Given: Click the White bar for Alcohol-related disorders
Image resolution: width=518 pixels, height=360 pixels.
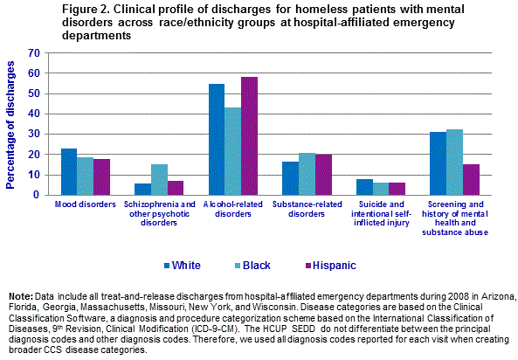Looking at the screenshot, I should [217, 140].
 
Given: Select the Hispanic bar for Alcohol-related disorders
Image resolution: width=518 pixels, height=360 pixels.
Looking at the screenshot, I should [250, 136].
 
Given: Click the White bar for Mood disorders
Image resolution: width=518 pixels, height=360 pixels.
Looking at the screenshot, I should [69, 172].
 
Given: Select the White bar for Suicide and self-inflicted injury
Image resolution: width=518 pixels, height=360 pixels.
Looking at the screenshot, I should [364, 187].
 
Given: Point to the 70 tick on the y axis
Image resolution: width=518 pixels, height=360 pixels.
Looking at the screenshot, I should [33, 53].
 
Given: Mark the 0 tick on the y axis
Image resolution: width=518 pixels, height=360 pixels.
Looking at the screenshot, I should [37, 195].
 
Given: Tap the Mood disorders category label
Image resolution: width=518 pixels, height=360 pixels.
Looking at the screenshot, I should [86, 204].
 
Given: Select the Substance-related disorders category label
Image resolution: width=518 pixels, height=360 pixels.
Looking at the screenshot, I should [307, 208].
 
